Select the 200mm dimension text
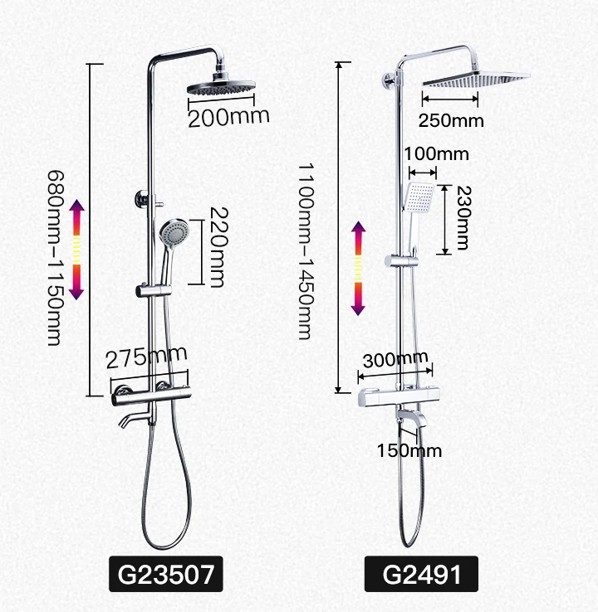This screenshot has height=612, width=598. click(x=228, y=117)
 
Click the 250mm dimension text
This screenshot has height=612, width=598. click(x=451, y=120)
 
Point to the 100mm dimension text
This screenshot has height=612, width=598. click(x=435, y=153)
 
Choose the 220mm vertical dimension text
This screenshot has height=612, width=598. click(x=215, y=248)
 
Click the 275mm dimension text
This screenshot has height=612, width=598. click(x=147, y=357)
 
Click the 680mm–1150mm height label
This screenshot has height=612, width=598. click(x=55, y=258)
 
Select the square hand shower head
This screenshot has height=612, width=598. click(x=418, y=197)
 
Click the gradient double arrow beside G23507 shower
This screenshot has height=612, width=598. click(x=76, y=249)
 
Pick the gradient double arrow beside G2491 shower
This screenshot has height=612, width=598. click(x=358, y=268)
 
